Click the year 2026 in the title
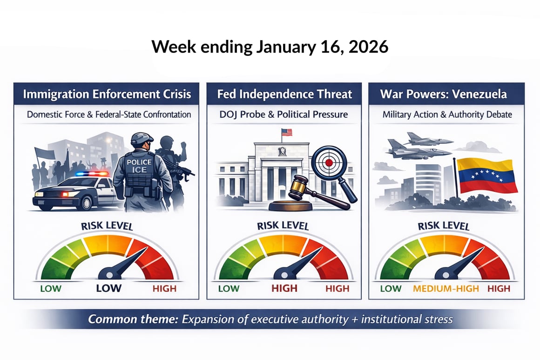tap(368, 47)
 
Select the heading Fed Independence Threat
tap(284, 94)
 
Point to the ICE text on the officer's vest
tap(139, 170)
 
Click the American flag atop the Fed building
tap(287, 132)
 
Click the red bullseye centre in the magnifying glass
tap(329, 163)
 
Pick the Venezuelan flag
tap(486, 176)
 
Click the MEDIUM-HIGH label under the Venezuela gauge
tap(445, 288)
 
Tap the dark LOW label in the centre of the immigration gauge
tap(108, 288)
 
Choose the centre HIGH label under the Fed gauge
tap(284, 288)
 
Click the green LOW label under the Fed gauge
tap(229, 288)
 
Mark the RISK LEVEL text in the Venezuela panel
tap(444, 226)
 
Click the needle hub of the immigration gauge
tap(109, 275)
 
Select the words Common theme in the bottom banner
tap(133, 319)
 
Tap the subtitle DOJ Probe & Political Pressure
tap(284, 115)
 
